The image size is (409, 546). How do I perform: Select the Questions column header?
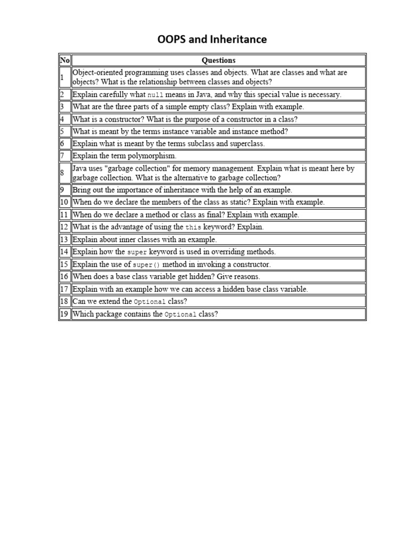(218, 60)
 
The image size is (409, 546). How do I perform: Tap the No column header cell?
(65, 60)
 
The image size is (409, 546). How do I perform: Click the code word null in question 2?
(155, 95)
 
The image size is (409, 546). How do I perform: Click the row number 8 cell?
(65, 173)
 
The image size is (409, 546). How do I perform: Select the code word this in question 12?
(193, 228)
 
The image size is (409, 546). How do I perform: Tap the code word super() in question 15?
(146, 265)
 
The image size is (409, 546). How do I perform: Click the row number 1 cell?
(65, 77)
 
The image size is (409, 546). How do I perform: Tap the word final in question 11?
(214, 214)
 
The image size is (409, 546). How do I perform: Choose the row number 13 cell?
(65, 239)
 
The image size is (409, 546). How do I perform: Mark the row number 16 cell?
(65, 276)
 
